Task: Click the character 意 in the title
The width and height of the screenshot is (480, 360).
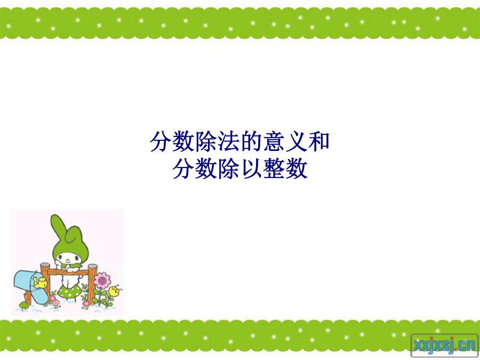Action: [274, 141]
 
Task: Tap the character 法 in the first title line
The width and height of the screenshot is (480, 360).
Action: [228, 141]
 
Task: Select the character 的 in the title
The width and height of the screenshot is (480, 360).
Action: [251, 141]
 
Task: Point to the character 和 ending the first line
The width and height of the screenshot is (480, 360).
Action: [319, 141]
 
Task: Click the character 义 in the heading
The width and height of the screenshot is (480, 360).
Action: [297, 141]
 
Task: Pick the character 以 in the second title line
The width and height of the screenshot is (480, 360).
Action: [251, 169]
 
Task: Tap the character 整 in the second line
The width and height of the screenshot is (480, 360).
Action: [274, 169]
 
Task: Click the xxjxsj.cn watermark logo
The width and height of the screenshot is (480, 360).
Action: [444, 346]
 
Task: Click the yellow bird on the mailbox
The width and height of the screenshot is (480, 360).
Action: [41, 282]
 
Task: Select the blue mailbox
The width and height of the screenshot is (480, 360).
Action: [30, 286]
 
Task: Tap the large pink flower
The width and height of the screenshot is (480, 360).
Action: [102, 280]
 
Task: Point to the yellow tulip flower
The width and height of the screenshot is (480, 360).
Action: [115, 290]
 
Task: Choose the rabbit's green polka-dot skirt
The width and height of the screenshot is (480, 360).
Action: [69, 292]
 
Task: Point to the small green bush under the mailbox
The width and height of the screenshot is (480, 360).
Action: [23, 305]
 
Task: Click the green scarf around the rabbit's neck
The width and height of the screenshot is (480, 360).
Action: [71, 266]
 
